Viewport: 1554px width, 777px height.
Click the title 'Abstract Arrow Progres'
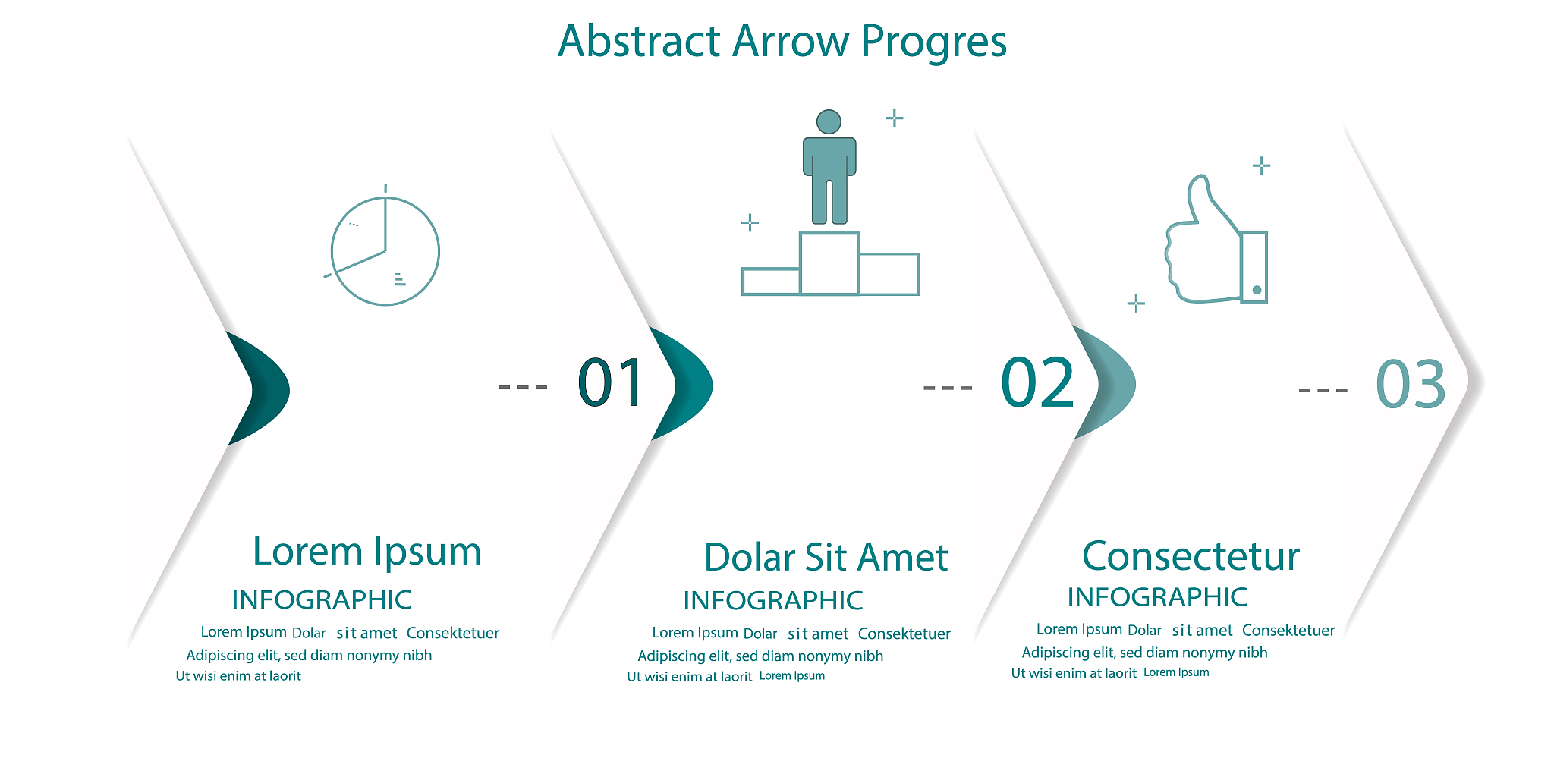pos(782,42)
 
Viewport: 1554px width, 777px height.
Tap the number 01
pos(611,383)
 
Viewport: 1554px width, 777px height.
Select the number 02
pos(1037,382)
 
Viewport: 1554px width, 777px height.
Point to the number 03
pos(1411,384)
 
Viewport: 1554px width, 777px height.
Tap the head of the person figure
pos(829,121)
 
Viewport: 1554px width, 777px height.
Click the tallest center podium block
pos(829,263)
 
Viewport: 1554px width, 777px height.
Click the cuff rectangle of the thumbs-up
pos(1254,267)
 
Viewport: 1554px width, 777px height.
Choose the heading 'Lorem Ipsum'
pos(367,552)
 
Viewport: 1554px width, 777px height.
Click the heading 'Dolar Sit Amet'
pos(826,558)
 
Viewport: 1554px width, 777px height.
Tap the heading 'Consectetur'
pos(1191,556)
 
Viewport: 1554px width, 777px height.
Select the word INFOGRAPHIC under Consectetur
pos(1157,597)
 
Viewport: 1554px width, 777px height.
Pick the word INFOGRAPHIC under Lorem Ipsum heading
pos(322,599)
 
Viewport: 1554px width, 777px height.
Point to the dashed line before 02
pos(948,388)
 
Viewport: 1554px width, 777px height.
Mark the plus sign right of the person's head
pos(895,118)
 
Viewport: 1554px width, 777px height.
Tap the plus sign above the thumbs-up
pos(1261,165)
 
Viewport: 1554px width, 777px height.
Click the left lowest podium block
pos(771,282)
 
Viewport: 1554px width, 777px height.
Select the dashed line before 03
pos(1323,390)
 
